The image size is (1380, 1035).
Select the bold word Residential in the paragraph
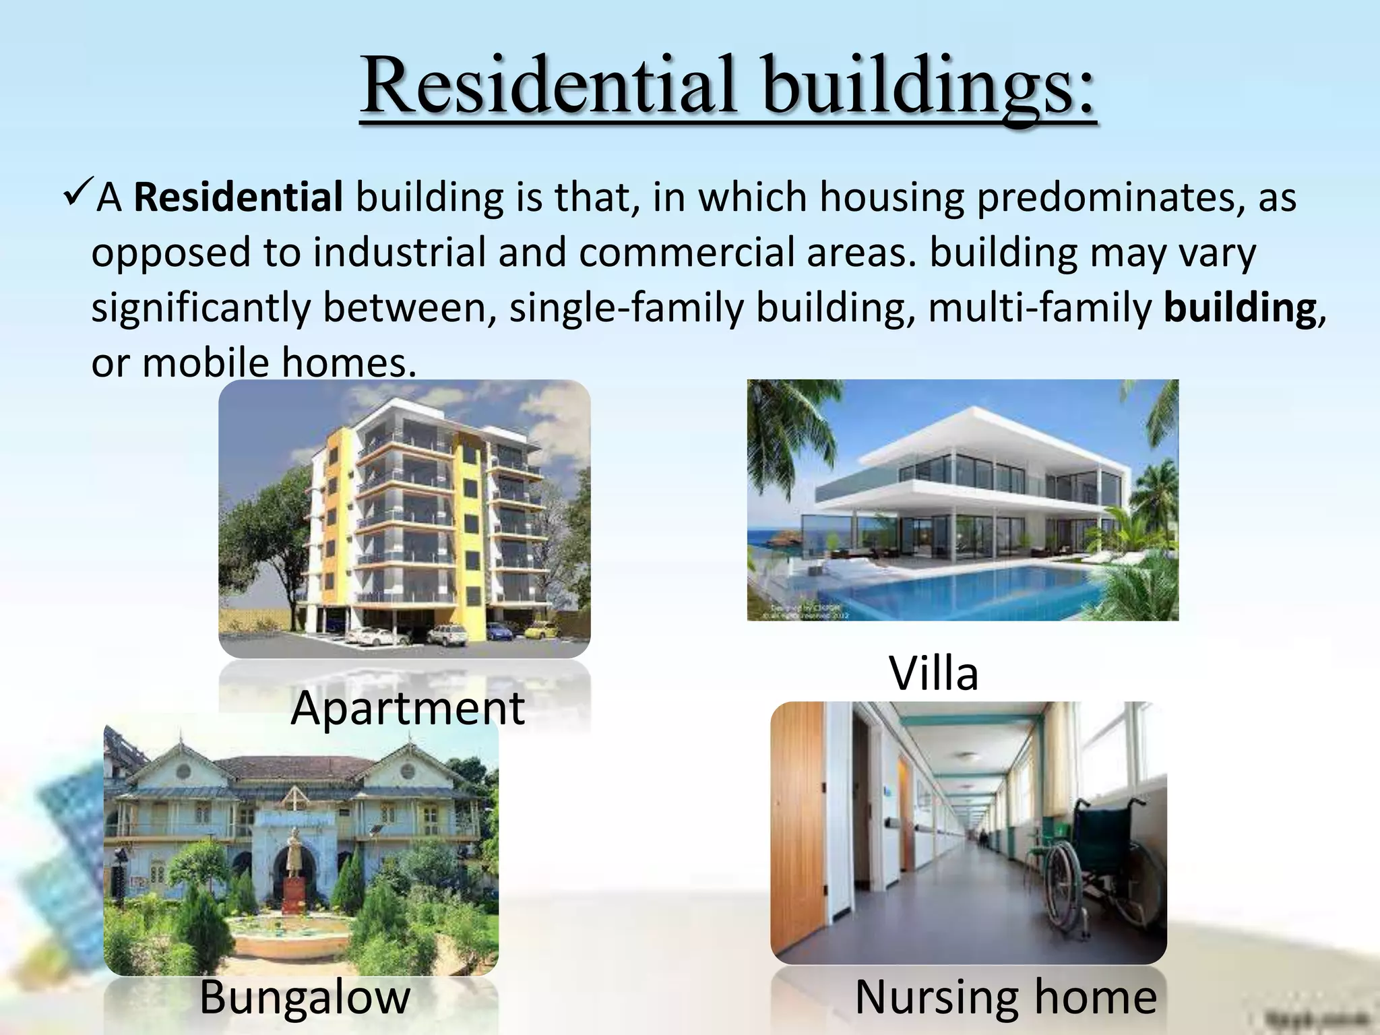coord(239,198)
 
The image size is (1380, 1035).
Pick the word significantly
coord(201,309)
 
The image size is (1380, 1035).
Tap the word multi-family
coord(1039,309)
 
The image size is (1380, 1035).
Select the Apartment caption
coord(407,708)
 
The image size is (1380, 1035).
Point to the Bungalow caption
coord(305,997)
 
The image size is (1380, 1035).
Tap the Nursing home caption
coord(1005,997)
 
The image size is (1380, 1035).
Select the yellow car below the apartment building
coord(537,631)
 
